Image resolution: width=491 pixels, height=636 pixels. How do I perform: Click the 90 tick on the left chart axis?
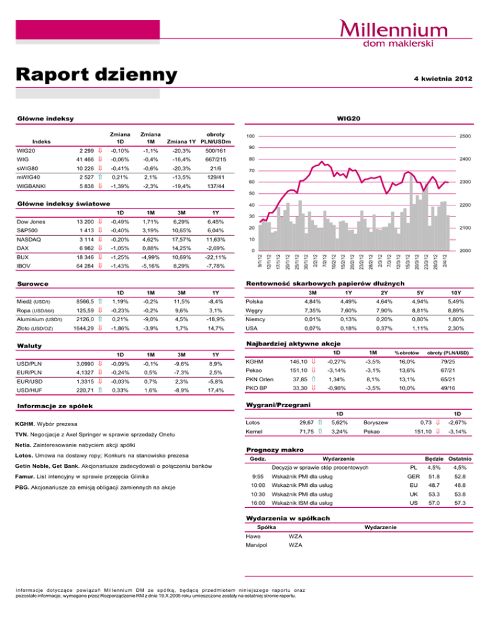pos(253,147)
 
